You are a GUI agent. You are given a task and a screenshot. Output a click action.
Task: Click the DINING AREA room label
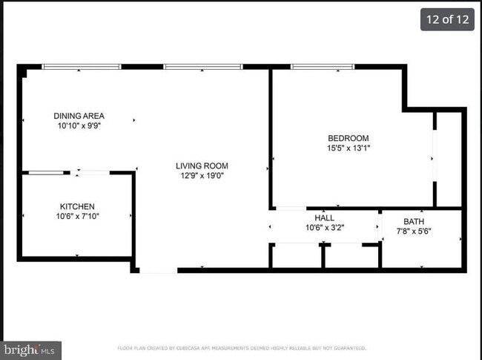79,116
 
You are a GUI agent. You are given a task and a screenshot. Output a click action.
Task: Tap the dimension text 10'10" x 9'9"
79,126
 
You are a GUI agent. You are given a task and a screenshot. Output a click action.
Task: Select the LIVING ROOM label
202,166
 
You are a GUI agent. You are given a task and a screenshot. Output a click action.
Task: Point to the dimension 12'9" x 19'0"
202,176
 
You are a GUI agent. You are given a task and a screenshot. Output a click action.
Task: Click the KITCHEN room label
77,206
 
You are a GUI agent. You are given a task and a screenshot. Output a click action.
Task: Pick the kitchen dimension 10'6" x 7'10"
77,216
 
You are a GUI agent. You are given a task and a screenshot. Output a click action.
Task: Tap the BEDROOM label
349,138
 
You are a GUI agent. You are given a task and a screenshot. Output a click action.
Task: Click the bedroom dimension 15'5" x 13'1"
349,148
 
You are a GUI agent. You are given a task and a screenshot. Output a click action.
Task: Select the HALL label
324,217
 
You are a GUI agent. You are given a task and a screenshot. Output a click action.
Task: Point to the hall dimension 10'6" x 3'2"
324,228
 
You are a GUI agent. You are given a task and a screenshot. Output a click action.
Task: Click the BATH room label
414,222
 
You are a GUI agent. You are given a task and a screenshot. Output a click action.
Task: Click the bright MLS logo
30,350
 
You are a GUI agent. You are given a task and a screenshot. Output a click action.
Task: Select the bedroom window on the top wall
322,67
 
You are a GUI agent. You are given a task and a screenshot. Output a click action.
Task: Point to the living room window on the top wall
202,67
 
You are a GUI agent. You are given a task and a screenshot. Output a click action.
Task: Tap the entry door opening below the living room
158,270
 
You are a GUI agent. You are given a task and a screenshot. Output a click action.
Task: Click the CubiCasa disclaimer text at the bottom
241,347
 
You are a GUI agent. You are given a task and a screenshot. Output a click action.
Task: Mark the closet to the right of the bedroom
449,160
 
